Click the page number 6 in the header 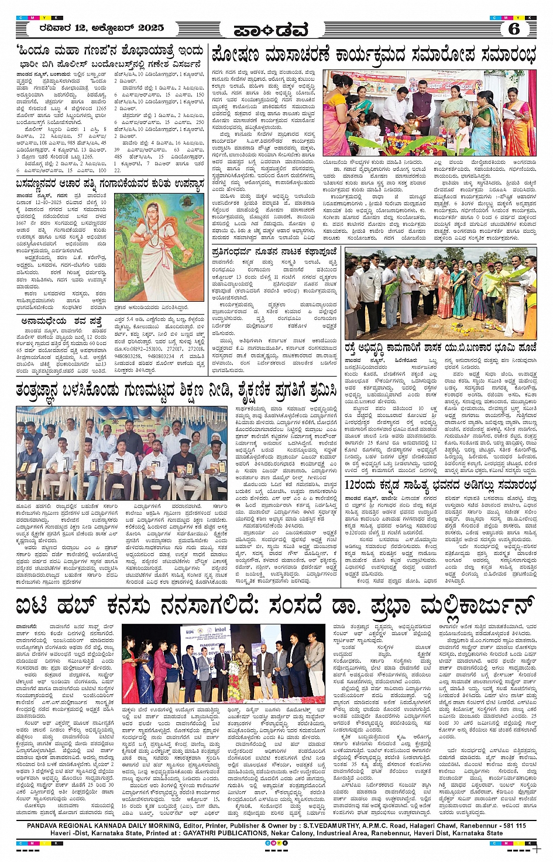pos(514,28)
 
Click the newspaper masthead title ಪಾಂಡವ pos(270,30)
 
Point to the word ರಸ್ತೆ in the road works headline pos(355,346)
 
